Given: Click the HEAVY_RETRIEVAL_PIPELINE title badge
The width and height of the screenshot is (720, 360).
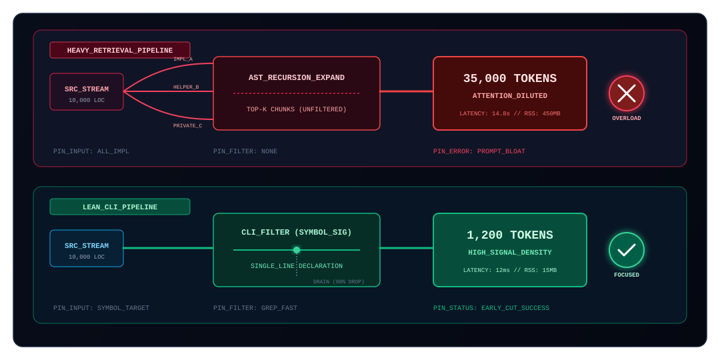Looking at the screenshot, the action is coord(120,50).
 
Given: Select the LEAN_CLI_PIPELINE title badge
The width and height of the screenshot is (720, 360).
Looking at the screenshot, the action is coord(120,207).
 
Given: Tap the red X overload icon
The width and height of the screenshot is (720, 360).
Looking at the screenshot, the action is coord(626,93).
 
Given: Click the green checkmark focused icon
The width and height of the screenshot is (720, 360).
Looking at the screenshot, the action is coord(626,250).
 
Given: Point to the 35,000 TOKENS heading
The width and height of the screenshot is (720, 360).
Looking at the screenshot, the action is coord(510,79).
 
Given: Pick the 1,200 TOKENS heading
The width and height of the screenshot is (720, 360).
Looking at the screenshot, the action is coord(510,235).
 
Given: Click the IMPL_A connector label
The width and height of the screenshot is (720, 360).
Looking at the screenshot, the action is coord(183,59).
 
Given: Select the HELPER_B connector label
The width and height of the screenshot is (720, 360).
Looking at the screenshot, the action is coord(186,87).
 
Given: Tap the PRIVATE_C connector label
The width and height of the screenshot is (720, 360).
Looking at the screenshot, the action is coord(187,125).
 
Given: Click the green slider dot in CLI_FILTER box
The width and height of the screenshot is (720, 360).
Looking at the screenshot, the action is coord(297,250).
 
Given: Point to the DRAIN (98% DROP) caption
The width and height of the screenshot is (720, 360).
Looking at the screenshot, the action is coord(339,281).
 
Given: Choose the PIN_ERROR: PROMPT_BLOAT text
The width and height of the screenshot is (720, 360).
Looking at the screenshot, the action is coord(479,151).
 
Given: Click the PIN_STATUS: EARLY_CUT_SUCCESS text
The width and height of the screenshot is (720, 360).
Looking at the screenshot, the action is coord(491,307).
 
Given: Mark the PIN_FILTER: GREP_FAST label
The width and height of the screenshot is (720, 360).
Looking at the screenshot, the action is coord(255,307).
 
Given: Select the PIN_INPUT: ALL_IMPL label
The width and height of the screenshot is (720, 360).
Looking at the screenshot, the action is coord(91,151).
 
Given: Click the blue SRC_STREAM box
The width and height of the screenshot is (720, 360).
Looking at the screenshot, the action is coord(87,248).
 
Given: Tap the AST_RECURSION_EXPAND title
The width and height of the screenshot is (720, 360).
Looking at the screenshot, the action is coord(297,77).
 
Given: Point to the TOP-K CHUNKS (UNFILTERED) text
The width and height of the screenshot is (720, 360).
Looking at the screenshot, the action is coord(297,109).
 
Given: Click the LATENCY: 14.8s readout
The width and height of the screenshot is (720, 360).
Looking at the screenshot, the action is coord(477,113).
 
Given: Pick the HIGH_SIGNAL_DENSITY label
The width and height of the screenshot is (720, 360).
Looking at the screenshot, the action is coord(510,253).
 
